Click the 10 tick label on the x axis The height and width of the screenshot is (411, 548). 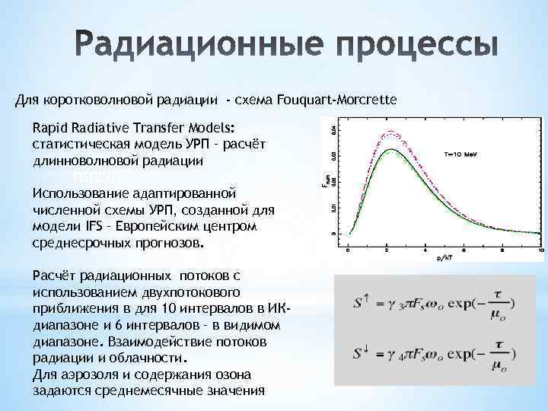coord(540,250)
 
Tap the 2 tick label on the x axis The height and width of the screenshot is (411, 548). coord(387,250)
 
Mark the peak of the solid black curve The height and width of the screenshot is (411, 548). coord(390,151)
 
